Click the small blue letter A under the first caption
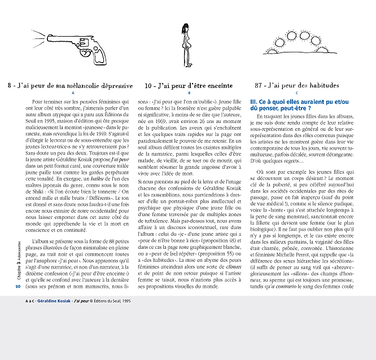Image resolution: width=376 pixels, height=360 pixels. coord(73,93)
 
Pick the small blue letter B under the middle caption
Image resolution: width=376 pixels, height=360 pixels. coord(189,93)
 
